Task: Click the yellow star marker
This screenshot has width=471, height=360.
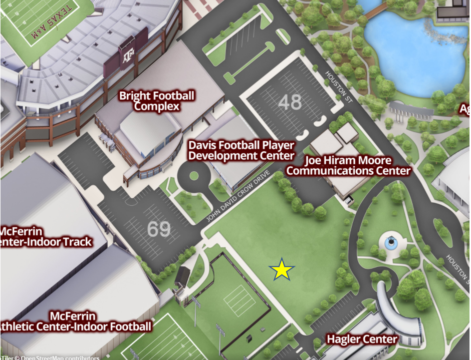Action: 282,270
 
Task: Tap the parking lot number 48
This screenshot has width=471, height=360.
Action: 290,102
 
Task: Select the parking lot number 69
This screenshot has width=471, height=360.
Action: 159,229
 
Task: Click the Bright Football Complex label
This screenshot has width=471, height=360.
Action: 157,101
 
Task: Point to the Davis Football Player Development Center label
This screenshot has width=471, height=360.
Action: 241,150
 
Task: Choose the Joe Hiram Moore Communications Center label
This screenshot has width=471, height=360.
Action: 348,166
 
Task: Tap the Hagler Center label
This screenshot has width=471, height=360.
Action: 362,339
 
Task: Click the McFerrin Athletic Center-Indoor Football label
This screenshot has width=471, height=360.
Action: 75,321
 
